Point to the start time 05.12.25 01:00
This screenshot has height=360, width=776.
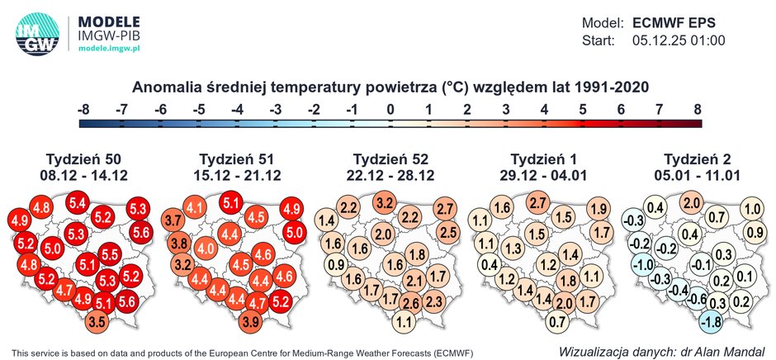coord(678,40)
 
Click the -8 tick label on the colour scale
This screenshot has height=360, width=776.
coord(83,108)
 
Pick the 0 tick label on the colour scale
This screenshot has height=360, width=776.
coord(390,108)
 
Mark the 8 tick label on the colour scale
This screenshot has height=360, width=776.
coord(698,108)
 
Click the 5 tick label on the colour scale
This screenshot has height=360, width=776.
coord(582,108)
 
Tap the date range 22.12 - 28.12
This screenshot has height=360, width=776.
coord(390,176)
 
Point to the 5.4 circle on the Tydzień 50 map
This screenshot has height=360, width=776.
coord(78,202)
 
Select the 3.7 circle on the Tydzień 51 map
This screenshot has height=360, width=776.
coord(173,220)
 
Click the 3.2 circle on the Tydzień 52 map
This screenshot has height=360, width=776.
coord(384,202)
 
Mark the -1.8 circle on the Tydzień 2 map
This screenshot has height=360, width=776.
coord(710,320)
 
